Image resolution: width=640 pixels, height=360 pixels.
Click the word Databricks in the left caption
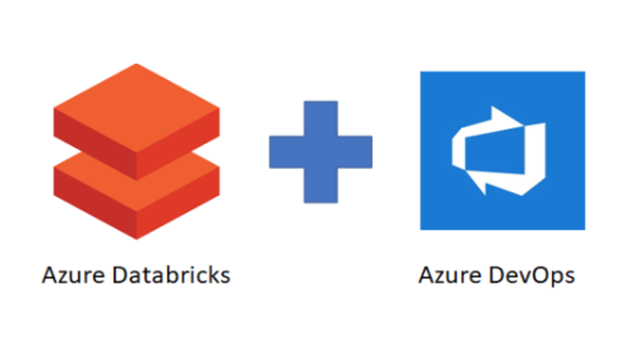[x=177, y=276]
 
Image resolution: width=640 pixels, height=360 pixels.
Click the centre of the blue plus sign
[x=320, y=152]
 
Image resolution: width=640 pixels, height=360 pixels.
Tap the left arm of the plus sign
[x=285, y=152]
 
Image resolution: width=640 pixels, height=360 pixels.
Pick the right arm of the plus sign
[x=356, y=152]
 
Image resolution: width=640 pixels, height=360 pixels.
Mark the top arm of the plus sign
[x=320, y=117]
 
